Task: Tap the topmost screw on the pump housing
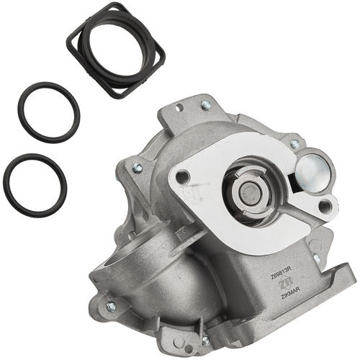coord(207,106)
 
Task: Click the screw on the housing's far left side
coord(137,168)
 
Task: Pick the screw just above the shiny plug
coord(294,145)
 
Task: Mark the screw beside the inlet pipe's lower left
coord(111,306)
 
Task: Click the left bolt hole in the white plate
coord(182,176)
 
